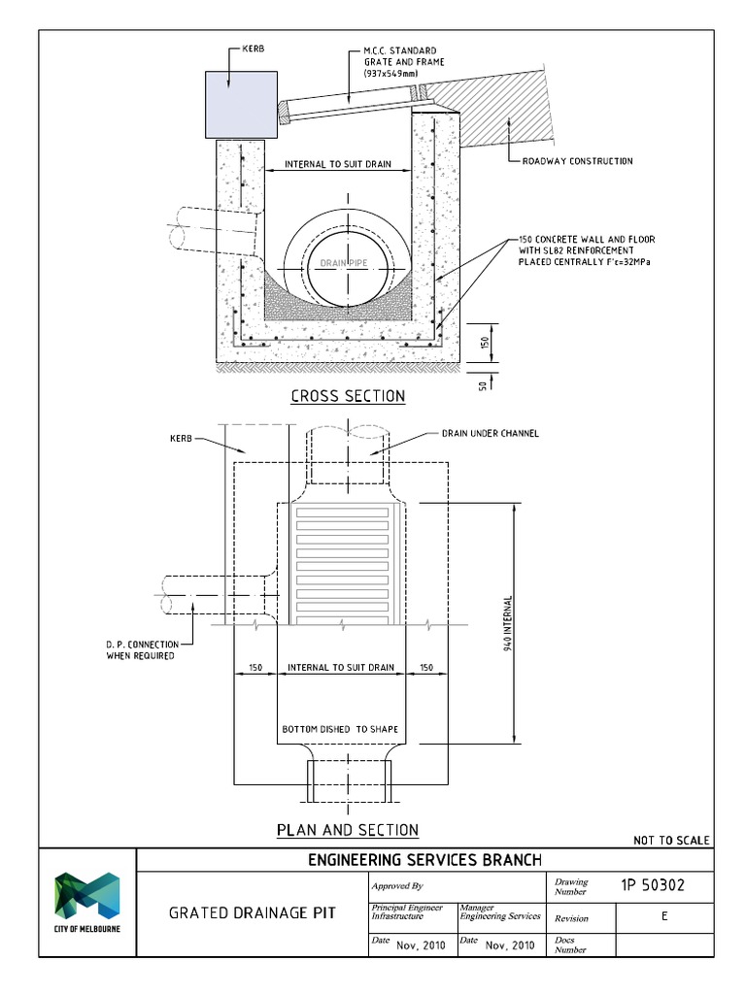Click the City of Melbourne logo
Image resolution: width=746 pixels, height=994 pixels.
pos(86,902)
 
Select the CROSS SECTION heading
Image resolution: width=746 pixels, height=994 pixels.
pos(348,396)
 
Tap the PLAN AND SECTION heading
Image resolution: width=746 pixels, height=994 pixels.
pos(348,830)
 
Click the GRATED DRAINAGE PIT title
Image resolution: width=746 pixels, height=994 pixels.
pos(253,913)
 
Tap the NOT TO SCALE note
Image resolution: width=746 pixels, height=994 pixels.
pos(671,840)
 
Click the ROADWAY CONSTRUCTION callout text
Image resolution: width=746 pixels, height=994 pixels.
pos(577,161)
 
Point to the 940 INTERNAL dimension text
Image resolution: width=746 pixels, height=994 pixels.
pos(508,622)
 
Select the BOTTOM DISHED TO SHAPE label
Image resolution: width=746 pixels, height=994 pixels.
pos(340,729)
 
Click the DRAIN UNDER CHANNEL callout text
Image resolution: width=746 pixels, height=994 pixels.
pos(491,433)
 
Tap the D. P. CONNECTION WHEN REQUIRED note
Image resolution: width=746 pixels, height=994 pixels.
pos(140,650)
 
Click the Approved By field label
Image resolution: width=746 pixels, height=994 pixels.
pos(397,885)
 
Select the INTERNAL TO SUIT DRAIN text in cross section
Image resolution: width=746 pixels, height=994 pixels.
pos(338,164)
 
